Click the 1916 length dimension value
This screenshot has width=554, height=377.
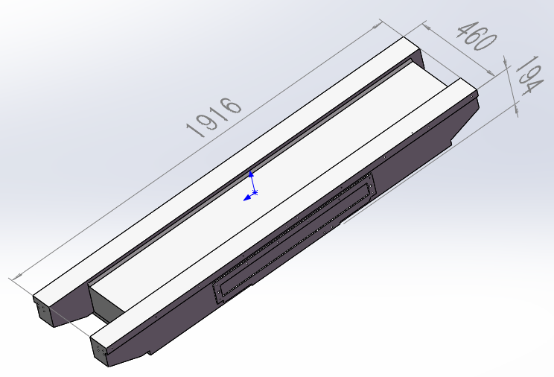coord(214,117)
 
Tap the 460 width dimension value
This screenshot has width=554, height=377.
coord(477,36)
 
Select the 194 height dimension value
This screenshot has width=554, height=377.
coord(528,75)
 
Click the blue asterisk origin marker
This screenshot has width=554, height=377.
coord(255,193)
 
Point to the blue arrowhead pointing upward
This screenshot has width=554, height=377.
coord(251,174)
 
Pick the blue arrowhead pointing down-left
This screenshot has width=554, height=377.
coord(247,197)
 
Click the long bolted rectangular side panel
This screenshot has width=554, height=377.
coord(294,238)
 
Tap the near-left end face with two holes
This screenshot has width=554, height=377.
coord(99,351)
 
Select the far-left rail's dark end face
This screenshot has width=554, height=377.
coord(43,311)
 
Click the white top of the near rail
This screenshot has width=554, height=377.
coord(283,212)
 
